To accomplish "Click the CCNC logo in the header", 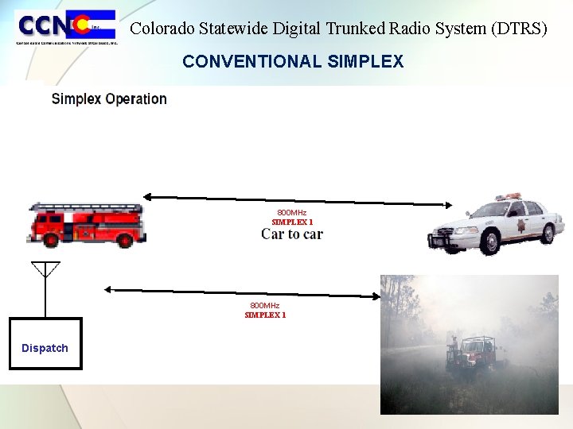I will click(x=67, y=28).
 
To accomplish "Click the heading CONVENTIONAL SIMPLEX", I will click(x=292, y=61).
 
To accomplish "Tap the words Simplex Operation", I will click(x=109, y=99).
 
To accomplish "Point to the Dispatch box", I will click(x=45, y=344).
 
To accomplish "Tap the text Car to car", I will click(x=291, y=234).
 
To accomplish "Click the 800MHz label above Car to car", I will click(x=291, y=213).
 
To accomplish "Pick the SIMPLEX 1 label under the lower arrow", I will click(x=265, y=315).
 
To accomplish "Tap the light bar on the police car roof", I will click(x=507, y=195).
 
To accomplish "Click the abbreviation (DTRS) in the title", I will click(x=520, y=29).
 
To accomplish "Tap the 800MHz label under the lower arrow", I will click(x=265, y=306).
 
